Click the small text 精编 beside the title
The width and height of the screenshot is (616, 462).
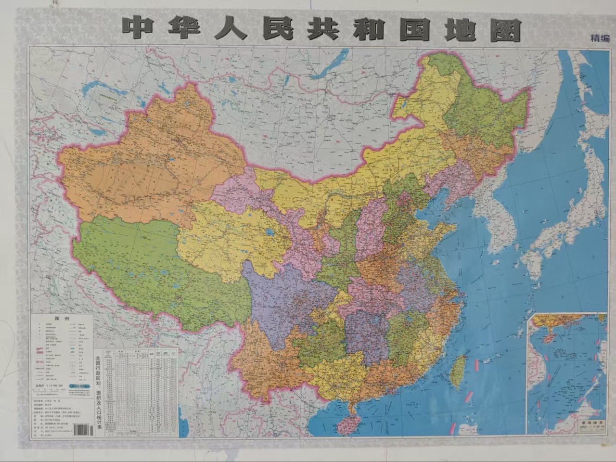click(600, 38)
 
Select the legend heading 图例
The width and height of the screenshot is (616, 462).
click(63, 319)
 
